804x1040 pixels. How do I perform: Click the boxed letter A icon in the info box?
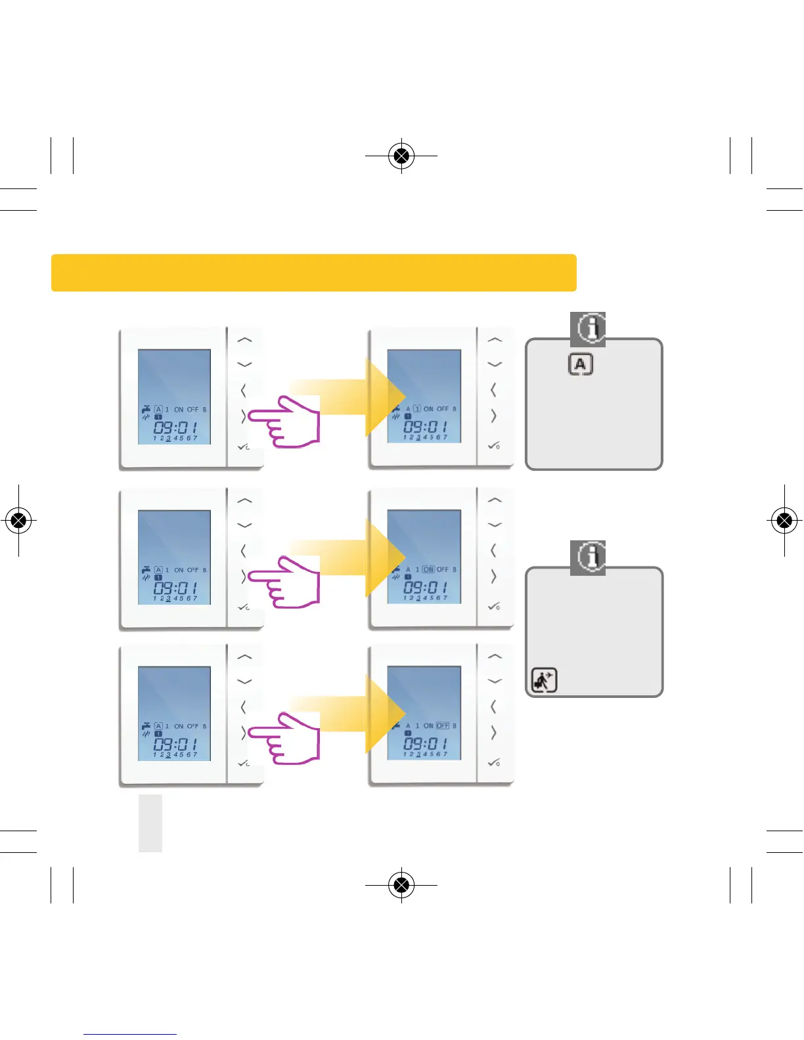point(580,364)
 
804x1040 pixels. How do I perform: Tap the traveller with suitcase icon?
point(544,680)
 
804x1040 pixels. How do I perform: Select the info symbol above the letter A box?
point(588,328)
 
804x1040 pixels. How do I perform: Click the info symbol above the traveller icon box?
point(588,557)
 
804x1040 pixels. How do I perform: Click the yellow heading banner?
point(313,272)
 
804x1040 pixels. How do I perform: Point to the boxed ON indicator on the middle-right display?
point(428,569)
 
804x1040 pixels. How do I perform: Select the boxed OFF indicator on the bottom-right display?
point(443,726)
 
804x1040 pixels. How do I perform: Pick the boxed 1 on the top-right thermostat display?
point(417,408)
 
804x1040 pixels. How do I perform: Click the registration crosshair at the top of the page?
point(401,156)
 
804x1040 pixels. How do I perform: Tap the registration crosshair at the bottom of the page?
point(401,884)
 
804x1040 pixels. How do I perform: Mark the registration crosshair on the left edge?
point(19,521)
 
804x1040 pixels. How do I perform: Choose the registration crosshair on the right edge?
point(784,521)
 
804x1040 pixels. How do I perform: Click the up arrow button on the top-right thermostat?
point(495,339)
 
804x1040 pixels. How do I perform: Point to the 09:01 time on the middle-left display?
point(175,587)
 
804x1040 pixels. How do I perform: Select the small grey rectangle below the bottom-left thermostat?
point(150,823)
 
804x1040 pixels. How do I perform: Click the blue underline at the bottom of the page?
point(130,1034)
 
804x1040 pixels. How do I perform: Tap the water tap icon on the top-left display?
point(146,409)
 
